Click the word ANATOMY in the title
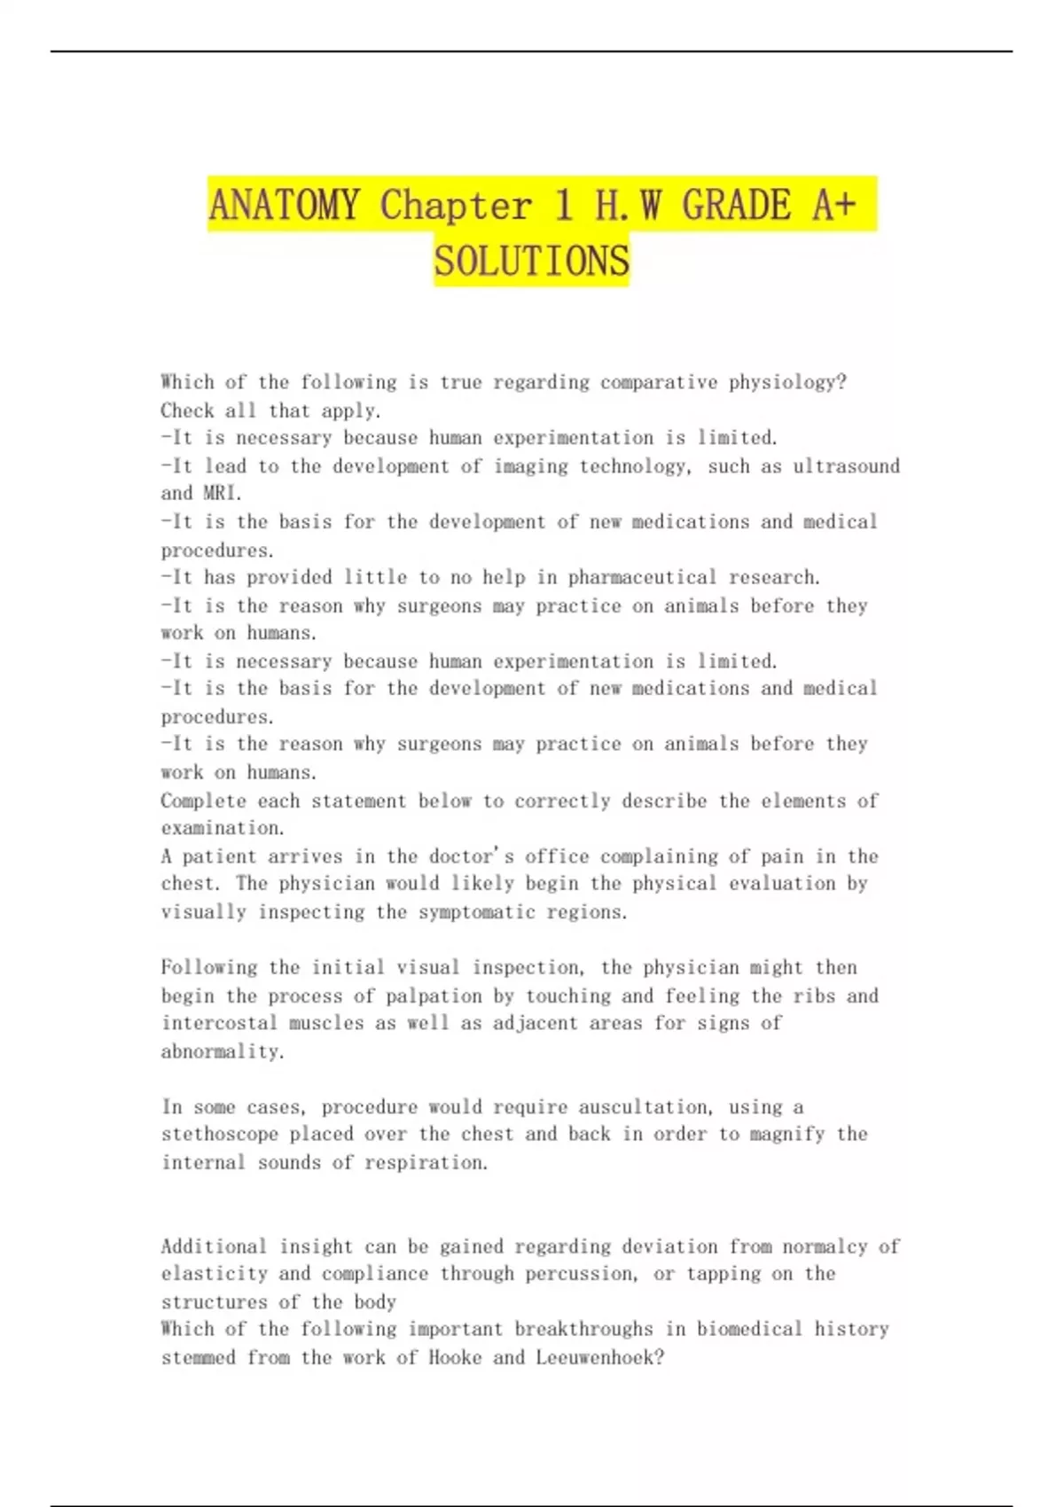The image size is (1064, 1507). click(x=284, y=205)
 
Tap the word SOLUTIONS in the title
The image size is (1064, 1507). click(x=531, y=261)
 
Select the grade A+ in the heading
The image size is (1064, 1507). click(x=833, y=205)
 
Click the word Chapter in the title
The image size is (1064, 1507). click(x=456, y=205)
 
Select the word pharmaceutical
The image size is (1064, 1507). click(x=642, y=577)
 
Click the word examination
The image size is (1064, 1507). click(x=223, y=828)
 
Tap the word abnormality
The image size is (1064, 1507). click(x=223, y=1051)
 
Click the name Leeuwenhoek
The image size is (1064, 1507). click(x=598, y=1357)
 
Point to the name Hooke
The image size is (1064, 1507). click(x=455, y=1357)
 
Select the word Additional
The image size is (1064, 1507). click(x=214, y=1246)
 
